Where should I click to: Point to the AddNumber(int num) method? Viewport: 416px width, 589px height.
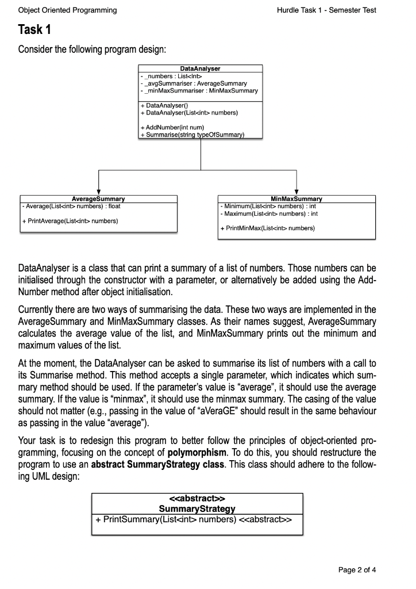tap(174, 127)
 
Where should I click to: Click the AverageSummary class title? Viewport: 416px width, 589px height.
tap(98, 199)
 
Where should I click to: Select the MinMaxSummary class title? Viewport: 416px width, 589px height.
tap(296, 199)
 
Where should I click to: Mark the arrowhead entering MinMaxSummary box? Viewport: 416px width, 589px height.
tap(296, 192)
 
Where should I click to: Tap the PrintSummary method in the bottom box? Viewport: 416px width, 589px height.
tap(197, 518)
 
